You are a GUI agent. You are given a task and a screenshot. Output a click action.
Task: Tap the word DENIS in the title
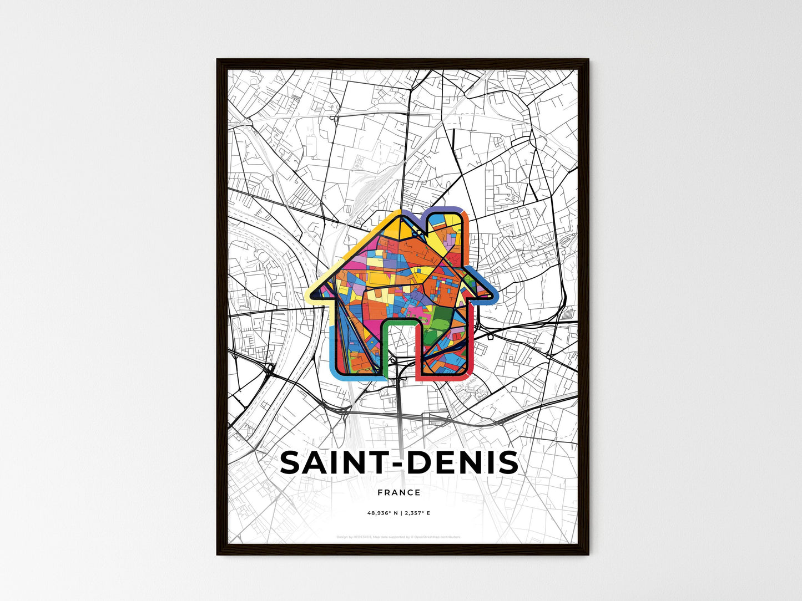(463, 462)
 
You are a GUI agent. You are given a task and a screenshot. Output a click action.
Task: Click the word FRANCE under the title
(399, 492)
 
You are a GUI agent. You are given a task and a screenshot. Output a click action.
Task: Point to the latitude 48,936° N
(383, 513)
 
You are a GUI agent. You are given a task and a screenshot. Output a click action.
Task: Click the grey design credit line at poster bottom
(399, 537)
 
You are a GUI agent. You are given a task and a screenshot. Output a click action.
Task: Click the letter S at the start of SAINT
(293, 462)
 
